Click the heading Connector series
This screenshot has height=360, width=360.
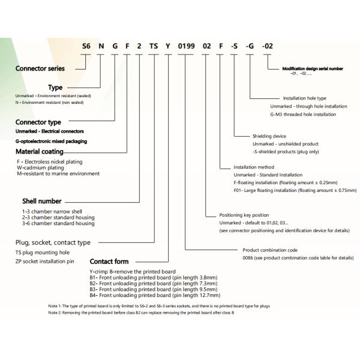click(x=40, y=68)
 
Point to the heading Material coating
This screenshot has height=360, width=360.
click(x=40, y=152)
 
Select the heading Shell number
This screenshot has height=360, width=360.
click(x=41, y=202)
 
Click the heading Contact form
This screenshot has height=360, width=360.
click(x=109, y=262)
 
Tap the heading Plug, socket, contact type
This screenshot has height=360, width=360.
click(x=53, y=243)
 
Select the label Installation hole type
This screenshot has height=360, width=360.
click(x=304, y=98)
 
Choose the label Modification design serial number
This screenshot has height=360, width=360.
click(x=313, y=69)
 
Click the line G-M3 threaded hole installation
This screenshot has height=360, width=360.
click(x=308, y=113)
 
